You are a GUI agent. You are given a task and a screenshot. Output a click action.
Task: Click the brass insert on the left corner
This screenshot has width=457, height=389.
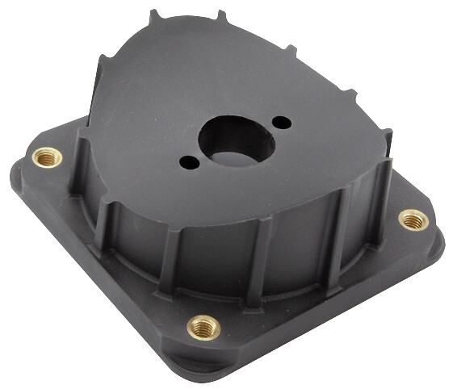pyautogui.click(x=46, y=157)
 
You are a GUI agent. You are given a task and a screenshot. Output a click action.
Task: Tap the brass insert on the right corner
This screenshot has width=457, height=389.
pyautogui.click(x=413, y=219)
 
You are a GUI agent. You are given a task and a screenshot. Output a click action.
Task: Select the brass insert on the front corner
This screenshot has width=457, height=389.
pyautogui.click(x=203, y=327)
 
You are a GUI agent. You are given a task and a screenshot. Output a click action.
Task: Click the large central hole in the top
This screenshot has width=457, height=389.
pyautogui.click(x=236, y=140)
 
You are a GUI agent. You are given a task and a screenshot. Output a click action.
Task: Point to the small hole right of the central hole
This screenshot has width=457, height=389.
pyautogui.click(x=282, y=123)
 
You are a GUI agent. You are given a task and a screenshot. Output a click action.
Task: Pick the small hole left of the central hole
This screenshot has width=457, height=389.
pyautogui.click(x=189, y=162)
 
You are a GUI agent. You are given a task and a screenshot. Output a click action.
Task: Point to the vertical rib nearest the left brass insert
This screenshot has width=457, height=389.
pyautogui.click(x=80, y=165)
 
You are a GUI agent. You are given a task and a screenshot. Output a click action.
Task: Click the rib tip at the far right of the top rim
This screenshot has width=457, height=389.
pyautogui.click(x=388, y=137)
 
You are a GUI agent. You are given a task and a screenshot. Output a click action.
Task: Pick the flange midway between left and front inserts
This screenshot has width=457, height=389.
pyautogui.click(x=113, y=258)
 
